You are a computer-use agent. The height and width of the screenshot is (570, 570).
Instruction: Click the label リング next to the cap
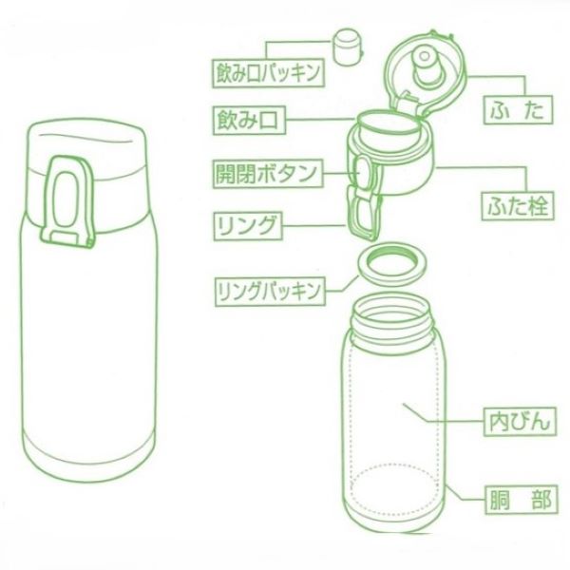pyautogui.click(x=246, y=226)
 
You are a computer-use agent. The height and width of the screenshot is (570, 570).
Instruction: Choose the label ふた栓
pyautogui.click(x=514, y=202)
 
